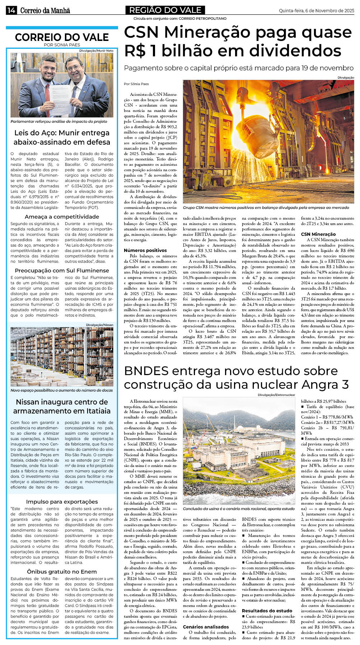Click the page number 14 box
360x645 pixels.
click(11, 10)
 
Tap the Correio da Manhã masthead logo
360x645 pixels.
click(45, 11)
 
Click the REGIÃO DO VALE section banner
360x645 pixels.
click(165, 10)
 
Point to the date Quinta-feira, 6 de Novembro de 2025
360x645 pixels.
click(316, 11)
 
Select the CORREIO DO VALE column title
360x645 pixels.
click(62, 37)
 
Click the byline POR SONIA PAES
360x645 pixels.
click(62, 45)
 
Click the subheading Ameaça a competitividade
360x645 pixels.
click(62, 217)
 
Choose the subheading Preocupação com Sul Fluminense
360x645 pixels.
click(62, 271)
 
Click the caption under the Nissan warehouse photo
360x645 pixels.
click(62, 390)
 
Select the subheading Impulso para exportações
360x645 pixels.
click(62, 501)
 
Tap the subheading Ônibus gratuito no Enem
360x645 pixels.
click(62, 571)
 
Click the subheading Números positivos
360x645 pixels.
click(145, 250)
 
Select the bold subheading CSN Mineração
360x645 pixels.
click(318, 234)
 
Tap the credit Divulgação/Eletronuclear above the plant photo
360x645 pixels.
click(276, 395)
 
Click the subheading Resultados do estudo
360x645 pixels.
click(267, 610)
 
